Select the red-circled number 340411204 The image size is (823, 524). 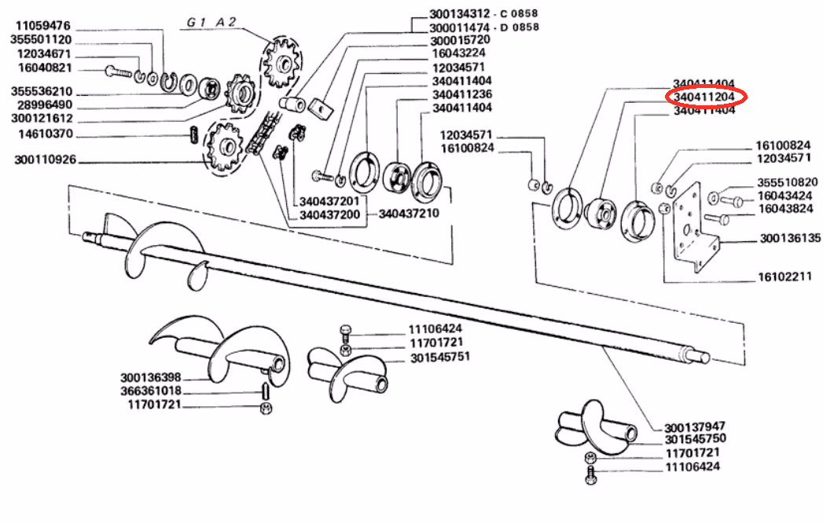(704, 97)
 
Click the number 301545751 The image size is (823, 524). (439, 357)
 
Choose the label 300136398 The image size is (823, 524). (151, 377)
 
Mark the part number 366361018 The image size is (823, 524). (151, 390)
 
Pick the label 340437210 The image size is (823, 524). (409, 214)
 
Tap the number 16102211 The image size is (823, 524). (784, 277)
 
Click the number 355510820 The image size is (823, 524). (787, 181)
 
